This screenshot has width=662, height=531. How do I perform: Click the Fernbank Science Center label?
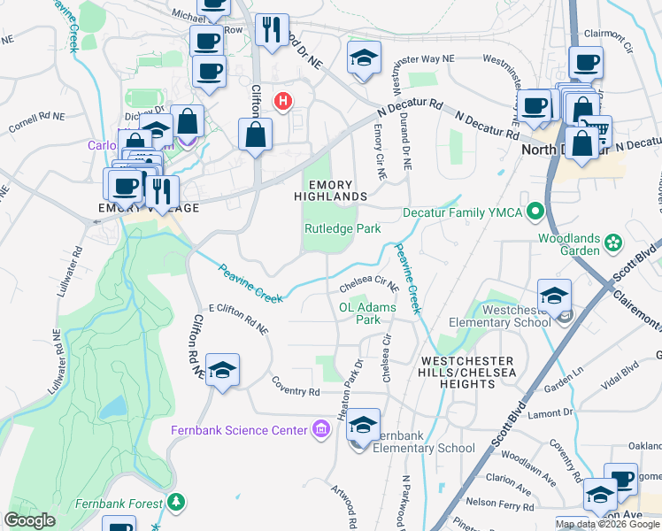pos(239,430)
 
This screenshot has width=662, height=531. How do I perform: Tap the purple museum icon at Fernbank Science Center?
pos(319,430)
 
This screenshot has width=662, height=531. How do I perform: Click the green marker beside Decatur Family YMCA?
pos(535,212)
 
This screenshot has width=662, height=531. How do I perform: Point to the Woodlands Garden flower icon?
pos(612,241)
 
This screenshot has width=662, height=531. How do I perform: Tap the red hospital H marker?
pos(283,102)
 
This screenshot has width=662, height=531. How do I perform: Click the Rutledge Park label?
pos(343,228)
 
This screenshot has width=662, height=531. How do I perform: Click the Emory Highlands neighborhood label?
pos(330,189)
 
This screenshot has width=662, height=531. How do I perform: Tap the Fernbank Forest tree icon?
pos(178,503)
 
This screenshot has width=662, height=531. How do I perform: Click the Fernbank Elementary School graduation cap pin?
pos(363,427)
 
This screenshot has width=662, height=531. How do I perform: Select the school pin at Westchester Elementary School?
pos(555,296)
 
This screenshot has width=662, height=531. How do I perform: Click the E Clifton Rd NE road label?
pos(238,319)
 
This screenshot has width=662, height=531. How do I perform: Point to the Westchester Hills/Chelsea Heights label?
pos(467,368)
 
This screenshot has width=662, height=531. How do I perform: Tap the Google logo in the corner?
pos(30,520)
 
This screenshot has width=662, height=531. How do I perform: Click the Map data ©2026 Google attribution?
pos(607,524)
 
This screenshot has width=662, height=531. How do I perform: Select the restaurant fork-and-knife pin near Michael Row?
pos(272,29)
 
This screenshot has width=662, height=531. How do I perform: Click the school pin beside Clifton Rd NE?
pos(222,371)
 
